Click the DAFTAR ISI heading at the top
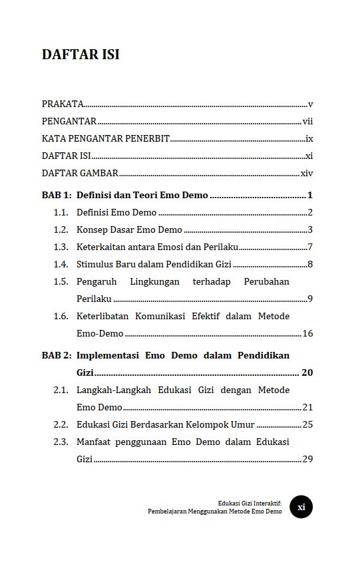(81, 55)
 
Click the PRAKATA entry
(63, 104)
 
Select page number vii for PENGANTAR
(307, 121)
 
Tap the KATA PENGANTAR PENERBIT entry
(106, 138)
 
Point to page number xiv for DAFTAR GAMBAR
(307, 173)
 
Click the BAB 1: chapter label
(57, 195)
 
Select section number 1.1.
(61, 213)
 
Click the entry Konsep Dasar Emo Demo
(129, 230)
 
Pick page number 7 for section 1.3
(310, 247)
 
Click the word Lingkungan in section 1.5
(155, 282)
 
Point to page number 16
(307, 333)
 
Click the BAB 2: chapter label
(57, 355)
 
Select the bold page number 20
(307, 372)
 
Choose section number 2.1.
(61, 390)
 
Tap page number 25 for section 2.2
(307, 424)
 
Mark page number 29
(307, 459)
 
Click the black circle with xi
(301, 507)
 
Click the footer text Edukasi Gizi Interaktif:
(250, 504)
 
